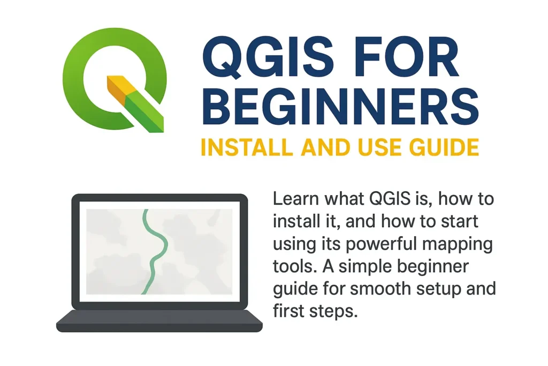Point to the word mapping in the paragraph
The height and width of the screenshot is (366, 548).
(465, 244)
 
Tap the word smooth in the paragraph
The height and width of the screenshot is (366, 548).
(382, 289)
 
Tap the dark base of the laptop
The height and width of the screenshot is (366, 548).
(159, 322)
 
